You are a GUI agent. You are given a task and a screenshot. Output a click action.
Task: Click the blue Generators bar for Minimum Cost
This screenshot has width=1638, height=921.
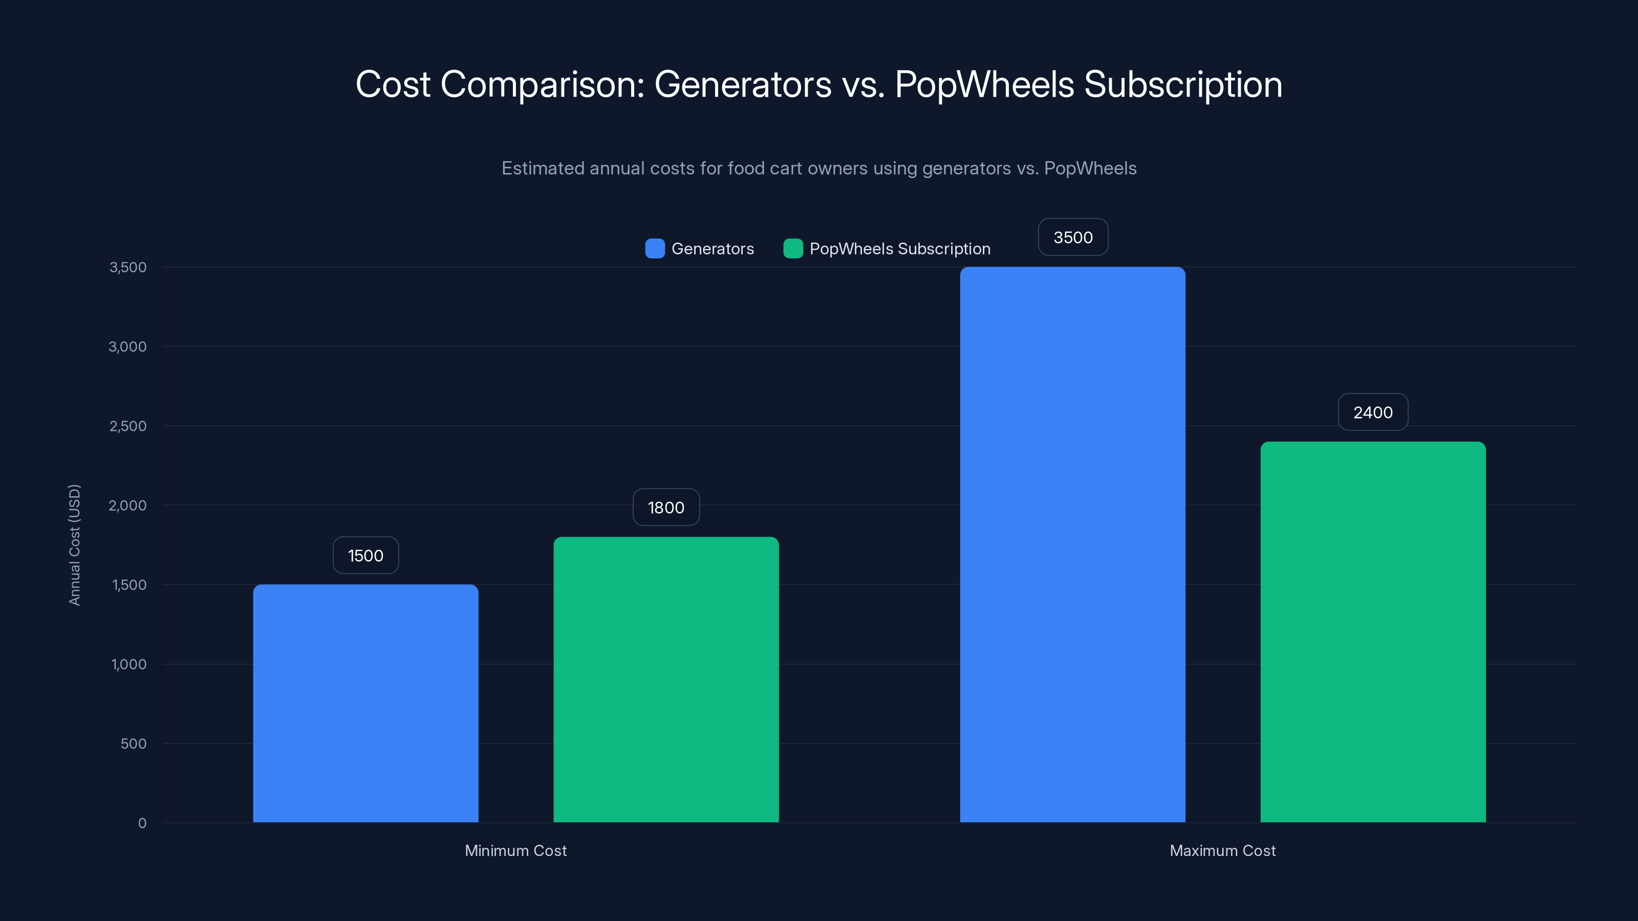(x=365, y=703)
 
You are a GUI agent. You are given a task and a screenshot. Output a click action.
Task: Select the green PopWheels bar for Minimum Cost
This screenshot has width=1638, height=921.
(x=666, y=679)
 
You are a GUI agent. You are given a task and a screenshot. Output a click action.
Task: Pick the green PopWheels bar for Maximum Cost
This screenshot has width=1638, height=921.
(x=1373, y=632)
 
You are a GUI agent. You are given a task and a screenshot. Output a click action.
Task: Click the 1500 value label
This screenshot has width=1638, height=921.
(x=365, y=556)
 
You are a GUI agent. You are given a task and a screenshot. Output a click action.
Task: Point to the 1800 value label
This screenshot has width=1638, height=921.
(x=666, y=507)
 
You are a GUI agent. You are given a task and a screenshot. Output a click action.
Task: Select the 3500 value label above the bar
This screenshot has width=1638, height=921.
(x=1073, y=237)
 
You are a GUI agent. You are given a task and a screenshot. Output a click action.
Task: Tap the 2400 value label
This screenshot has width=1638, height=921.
(x=1373, y=412)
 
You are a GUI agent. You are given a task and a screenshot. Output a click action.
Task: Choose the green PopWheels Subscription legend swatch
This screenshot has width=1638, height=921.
(x=793, y=249)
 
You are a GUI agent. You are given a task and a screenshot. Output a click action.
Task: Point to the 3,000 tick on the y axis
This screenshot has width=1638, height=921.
(x=128, y=346)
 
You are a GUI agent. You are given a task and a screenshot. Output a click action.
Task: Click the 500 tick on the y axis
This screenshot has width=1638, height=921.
(x=134, y=743)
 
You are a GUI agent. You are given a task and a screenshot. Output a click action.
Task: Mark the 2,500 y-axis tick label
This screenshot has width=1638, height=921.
(x=128, y=426)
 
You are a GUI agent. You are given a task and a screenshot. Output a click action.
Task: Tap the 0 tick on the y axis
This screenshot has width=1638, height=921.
(x=142, y=823)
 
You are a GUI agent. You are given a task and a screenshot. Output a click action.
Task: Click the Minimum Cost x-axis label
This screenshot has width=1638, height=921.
(x=515, y=850)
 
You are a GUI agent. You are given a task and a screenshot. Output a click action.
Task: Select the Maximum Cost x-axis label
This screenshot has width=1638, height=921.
(x=1222, y=850)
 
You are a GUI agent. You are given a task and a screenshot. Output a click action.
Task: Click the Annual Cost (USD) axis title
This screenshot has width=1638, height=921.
(x=74, y=545)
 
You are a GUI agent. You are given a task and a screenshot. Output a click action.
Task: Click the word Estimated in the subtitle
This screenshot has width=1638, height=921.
(x=543, y=168)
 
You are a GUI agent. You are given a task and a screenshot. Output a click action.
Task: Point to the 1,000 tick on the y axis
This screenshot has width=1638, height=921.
(x=129, y=664)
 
